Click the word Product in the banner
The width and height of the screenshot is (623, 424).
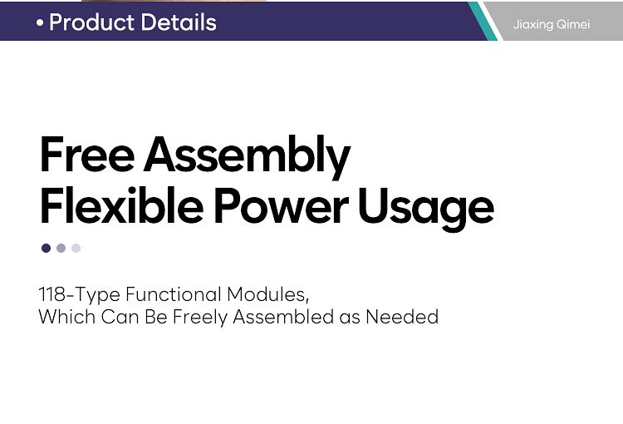pyautogui.click(x=91, y=22)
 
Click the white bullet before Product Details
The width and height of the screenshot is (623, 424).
pyautogui.click(x=40, y=23)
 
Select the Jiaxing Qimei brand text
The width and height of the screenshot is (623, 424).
pyautogui.click(x=552, y=25)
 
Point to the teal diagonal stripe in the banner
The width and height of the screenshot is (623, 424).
pyautogui.click(x=483, y=21)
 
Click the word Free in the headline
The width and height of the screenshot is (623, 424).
pyautogui.click(x=87, y=155)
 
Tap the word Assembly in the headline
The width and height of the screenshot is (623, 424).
pyautogui.click(x=247, y=157)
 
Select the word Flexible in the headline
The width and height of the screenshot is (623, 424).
pyautogui.click(x=121, y=205)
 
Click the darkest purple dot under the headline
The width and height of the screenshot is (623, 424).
pyautogui.click(x=46, y=249)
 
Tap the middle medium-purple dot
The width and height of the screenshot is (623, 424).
pyautogui.click(x=61, y=249)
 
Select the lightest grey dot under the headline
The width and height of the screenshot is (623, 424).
pyautogui.click(x=76, y=249)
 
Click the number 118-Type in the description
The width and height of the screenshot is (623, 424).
pyautogui.click(x=79, y=295)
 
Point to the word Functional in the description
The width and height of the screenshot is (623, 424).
pyautogui.click(x=174, y=294)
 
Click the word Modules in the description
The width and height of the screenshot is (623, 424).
pyautogui.click(x=267, y=295)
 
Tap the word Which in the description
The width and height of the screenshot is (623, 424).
pyautogui.click(x=66, y=317)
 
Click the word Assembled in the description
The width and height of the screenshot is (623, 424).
pyautogui.click(x=283, y=317)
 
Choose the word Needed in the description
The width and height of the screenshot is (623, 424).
pyautogui.click(x=402, y=317)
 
